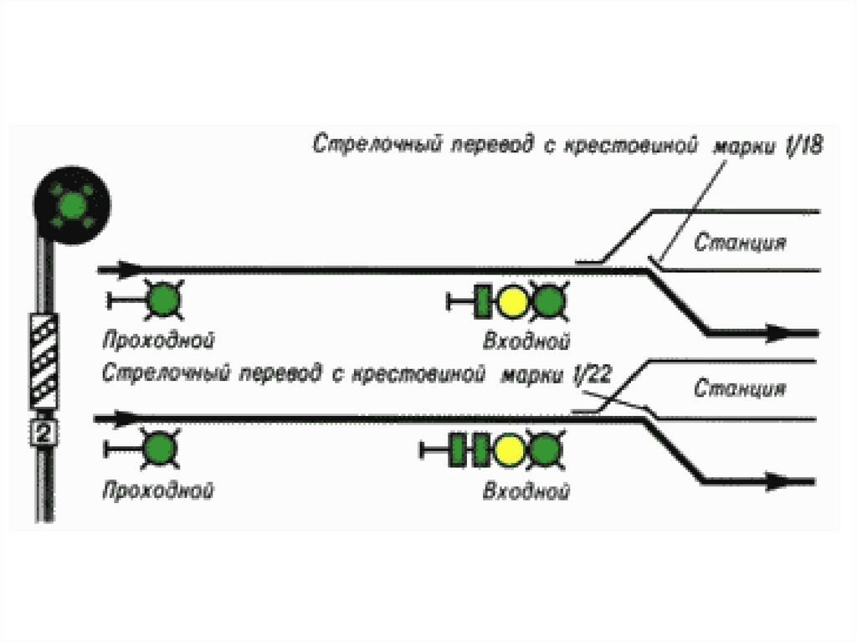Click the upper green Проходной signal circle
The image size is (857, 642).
coord(162,300)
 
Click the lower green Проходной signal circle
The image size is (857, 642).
coord(157,449)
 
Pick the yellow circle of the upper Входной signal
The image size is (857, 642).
coord(512,302)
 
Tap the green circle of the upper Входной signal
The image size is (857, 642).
coord(548,302)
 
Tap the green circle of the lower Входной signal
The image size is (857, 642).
coord(544,450)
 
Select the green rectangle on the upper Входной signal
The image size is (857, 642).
coord(483,302)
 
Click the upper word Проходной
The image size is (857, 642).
coord(159,341)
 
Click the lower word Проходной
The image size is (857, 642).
coord(157,490)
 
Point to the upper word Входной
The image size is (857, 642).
coord(527,342)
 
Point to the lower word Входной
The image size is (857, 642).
coord(527,491)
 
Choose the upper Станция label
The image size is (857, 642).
coord(739,244)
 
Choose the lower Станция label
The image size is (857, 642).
coord(739,389)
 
